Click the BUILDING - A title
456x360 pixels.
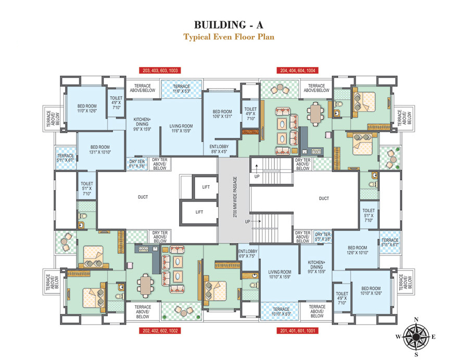tap(228, 24)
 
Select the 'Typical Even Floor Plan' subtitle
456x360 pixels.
tap(228, 37)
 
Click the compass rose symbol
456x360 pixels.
tap(416, 337)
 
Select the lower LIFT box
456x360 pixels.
tap(199, 212)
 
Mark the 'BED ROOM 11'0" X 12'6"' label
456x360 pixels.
tap(87, 108)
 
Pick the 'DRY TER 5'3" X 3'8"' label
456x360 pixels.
tap(323, 237)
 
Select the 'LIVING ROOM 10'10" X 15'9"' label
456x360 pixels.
tap(280, 274)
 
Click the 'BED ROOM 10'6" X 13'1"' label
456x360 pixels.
tap(222, 114)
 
